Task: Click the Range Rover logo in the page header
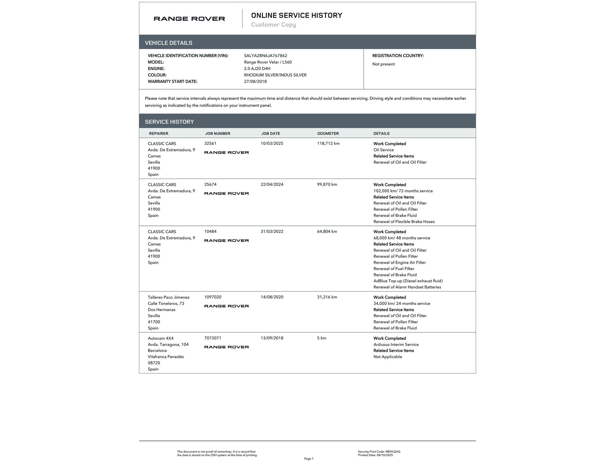(189, 19)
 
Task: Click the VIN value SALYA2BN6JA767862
(265, 56)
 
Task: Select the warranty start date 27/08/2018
(255, 81)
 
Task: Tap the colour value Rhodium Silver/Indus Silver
(275, 75)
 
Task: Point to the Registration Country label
(398, 56)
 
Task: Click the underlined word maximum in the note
(256, 98)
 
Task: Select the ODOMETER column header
(328, 133)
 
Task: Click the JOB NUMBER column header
(217, 133)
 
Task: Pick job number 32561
(210, 144)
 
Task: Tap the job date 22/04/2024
(272, 184)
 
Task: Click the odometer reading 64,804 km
(327, 231)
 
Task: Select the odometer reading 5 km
(322, 338)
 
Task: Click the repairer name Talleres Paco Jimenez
(169, 297)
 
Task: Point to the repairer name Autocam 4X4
(161, 338)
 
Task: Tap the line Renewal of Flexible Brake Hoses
(404, 222)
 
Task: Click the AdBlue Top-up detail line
(408, 281)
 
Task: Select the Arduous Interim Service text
(396, 345)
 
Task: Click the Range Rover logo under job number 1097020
(226, 306)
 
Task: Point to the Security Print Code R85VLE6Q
(379, 451)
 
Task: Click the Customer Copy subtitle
(273, 25)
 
